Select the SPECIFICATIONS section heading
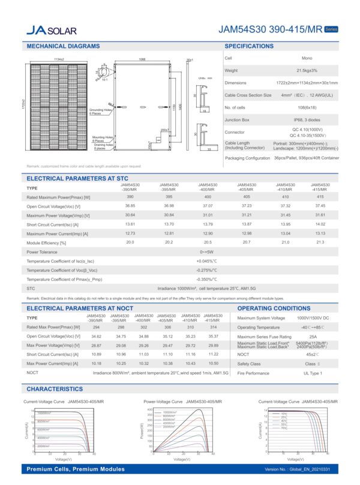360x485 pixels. [x=257, y=46]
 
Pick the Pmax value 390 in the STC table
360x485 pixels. [x=130, y=197]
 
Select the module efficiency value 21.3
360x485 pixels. [x=320, y=242]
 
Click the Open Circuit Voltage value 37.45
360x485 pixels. [x=320, y=206]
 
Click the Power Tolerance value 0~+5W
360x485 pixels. [x=206, y=252]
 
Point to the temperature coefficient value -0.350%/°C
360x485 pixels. [x=206, y=279]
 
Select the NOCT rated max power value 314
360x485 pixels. [x=213, y=327]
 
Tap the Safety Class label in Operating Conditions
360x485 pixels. [x=249, y=364]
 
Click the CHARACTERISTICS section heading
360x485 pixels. [x=55, y=389]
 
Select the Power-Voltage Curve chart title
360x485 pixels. [x=182, y=401]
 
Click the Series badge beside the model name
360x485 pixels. [x=331, y=29]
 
